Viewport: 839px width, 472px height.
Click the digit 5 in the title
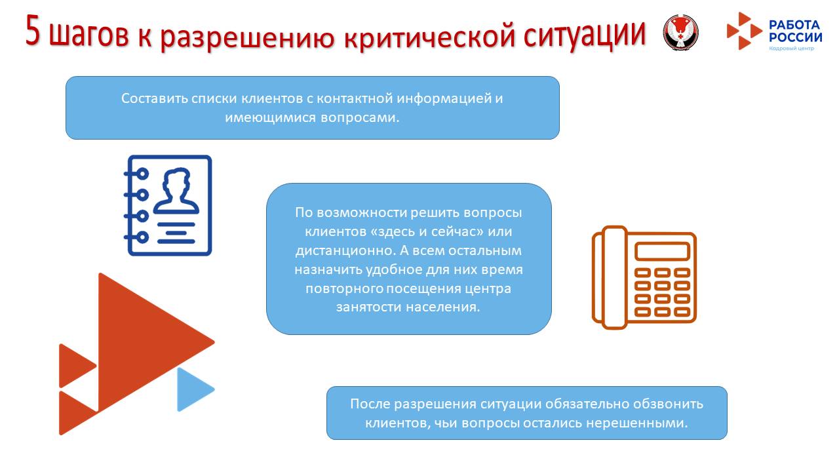[34, 31]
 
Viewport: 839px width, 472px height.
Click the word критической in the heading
[430, 34]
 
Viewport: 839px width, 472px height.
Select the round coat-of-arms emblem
[680, 31]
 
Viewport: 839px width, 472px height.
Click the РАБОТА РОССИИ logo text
[794, 31]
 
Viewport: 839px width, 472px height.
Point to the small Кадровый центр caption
[791, 49]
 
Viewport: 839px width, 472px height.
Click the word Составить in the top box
[154, 98]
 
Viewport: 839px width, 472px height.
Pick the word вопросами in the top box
[365, 118]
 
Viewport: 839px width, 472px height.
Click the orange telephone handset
[609, 277]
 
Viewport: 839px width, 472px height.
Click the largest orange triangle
[144, 341]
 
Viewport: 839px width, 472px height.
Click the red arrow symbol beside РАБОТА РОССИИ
[744, 31]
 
